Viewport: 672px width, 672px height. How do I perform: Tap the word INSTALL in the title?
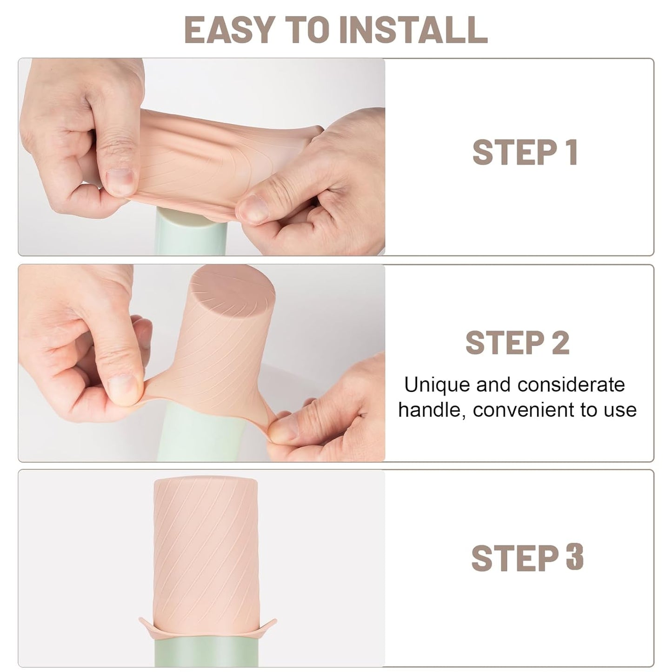pos(413,30)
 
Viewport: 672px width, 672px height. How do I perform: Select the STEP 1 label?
pos(525,153)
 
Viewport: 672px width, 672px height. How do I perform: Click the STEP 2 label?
pos(517,343)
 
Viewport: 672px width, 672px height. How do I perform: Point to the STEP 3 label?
pos(527,558)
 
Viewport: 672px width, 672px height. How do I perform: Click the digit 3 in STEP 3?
pos(575,558)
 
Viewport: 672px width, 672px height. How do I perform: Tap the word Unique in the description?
pos(430,385)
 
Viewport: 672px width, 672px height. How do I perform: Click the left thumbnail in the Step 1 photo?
pos(120,181)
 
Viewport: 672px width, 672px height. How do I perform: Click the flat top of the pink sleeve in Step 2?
pos(233,288)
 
